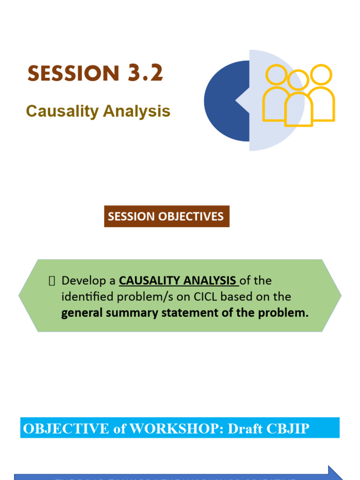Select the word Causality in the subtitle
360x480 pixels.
[62, 111]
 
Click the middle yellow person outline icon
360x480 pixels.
[298, 101]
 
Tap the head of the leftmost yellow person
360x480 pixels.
[276, 75]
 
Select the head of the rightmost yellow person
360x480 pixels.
[321, 75]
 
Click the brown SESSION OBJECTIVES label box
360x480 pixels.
[166, 217]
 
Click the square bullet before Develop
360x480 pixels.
[52, 281]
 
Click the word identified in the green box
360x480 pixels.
[85, 297]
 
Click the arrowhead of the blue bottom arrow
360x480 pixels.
[335, 473]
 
